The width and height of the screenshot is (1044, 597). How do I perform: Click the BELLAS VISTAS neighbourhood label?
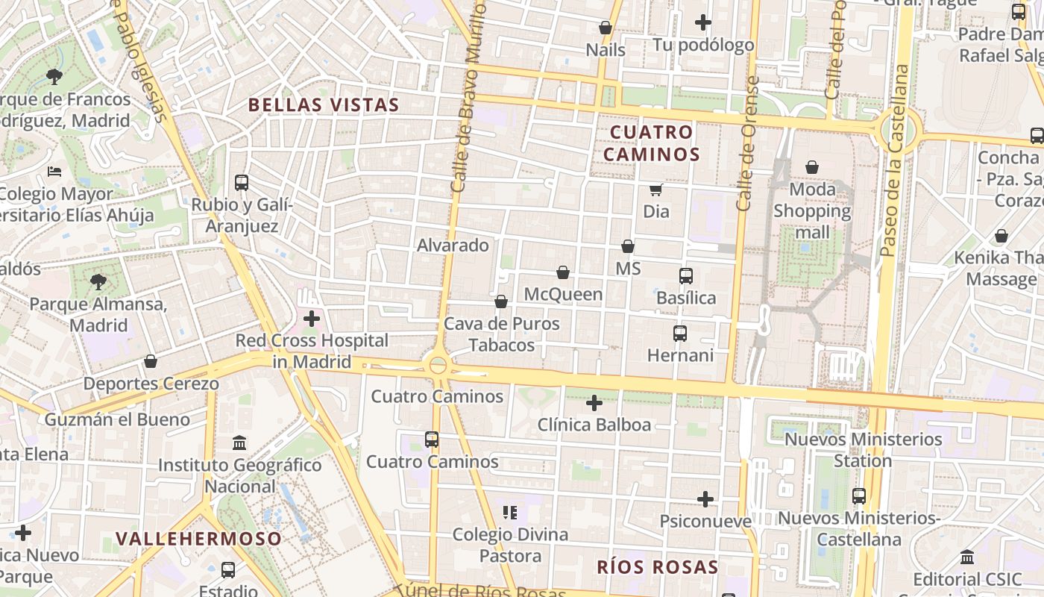click(324, 104)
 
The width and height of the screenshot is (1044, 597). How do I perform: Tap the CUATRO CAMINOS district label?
click(651, 143)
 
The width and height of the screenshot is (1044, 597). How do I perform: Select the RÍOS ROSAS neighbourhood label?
click(657, 567)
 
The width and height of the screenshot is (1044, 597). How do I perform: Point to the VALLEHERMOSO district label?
click(199, 539)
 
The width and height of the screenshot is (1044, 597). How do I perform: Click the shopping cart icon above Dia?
click(656, 190)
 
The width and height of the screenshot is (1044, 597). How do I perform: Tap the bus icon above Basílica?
click(686, 276)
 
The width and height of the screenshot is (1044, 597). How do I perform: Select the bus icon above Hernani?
click(680, 334)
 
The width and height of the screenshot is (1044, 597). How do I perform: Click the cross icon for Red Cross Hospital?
click(312, 319)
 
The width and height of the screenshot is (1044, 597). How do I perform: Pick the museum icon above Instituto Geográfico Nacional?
click(239, 443)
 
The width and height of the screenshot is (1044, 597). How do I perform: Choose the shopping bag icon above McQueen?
click(563, 272)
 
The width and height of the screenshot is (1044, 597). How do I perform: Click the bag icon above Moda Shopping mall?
click(812, 168)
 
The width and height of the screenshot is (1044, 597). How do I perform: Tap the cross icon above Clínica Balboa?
click(594, 403)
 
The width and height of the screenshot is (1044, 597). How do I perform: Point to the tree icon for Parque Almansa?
click(98, 282)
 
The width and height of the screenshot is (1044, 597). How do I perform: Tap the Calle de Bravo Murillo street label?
click(468, 97)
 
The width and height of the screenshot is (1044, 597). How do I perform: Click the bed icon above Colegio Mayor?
click(54, 172)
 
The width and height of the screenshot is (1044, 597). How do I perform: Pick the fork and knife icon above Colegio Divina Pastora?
click(510, 513)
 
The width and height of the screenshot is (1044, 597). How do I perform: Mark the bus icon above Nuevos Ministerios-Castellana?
click(859, 496)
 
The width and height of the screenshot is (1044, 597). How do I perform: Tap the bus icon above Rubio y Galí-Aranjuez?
click(242, 182)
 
